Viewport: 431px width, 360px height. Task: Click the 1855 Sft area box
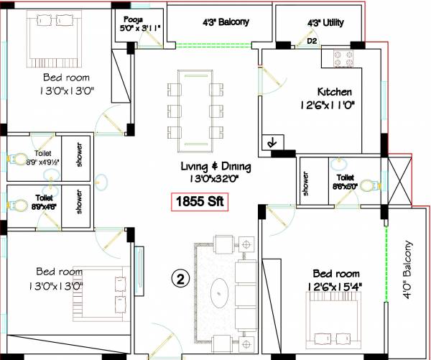(x=198, y=202)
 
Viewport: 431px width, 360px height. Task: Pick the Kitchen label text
(x=335, y=91)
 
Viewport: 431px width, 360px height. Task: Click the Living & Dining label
(x=215, y=167)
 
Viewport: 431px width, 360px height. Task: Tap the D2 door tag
(x=312, y=41)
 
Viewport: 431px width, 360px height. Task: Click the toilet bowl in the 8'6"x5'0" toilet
(x=368, y=186)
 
